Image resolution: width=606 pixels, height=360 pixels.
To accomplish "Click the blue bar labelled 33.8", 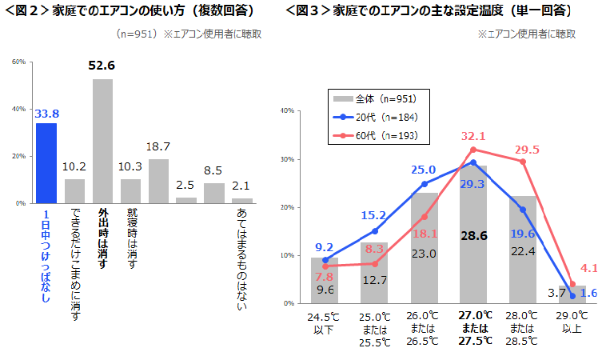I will tap(46, 163).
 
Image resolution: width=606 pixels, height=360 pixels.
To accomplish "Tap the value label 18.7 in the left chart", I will tap(158, 147).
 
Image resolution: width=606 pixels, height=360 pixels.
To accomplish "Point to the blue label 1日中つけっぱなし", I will tap(46, 256).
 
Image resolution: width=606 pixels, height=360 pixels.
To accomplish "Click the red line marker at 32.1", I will tap(473, 150).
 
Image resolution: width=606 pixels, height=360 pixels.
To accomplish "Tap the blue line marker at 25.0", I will tap(424, 184).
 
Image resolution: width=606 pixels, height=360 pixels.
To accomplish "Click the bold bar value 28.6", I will tap(473, 236).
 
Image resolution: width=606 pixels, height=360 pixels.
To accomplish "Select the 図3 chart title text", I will tap(433, 11).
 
